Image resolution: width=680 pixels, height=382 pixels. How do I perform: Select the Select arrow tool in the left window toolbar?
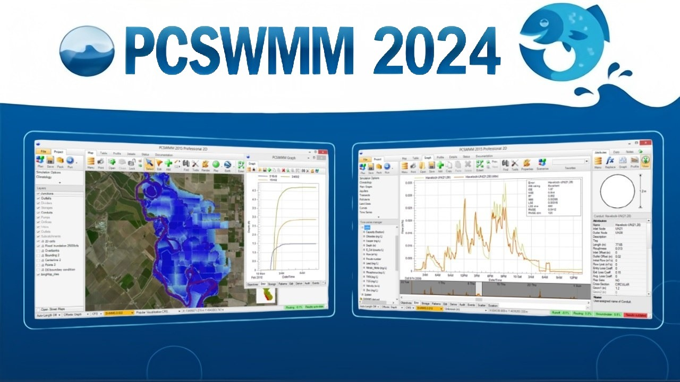[150, 164]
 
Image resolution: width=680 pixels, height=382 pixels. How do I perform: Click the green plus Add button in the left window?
[168, 164]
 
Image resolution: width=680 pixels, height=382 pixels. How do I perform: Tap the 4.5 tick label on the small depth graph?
[253, 189]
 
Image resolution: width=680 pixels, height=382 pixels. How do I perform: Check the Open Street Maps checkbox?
[38, 309]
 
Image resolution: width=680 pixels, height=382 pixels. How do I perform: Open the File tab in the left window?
[44, 152]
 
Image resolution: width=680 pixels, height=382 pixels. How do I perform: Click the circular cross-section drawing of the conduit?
[617, 192]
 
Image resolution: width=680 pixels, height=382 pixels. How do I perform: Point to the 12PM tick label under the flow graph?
[463, 276]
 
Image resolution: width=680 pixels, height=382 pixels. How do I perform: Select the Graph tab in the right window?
[427, 158]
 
